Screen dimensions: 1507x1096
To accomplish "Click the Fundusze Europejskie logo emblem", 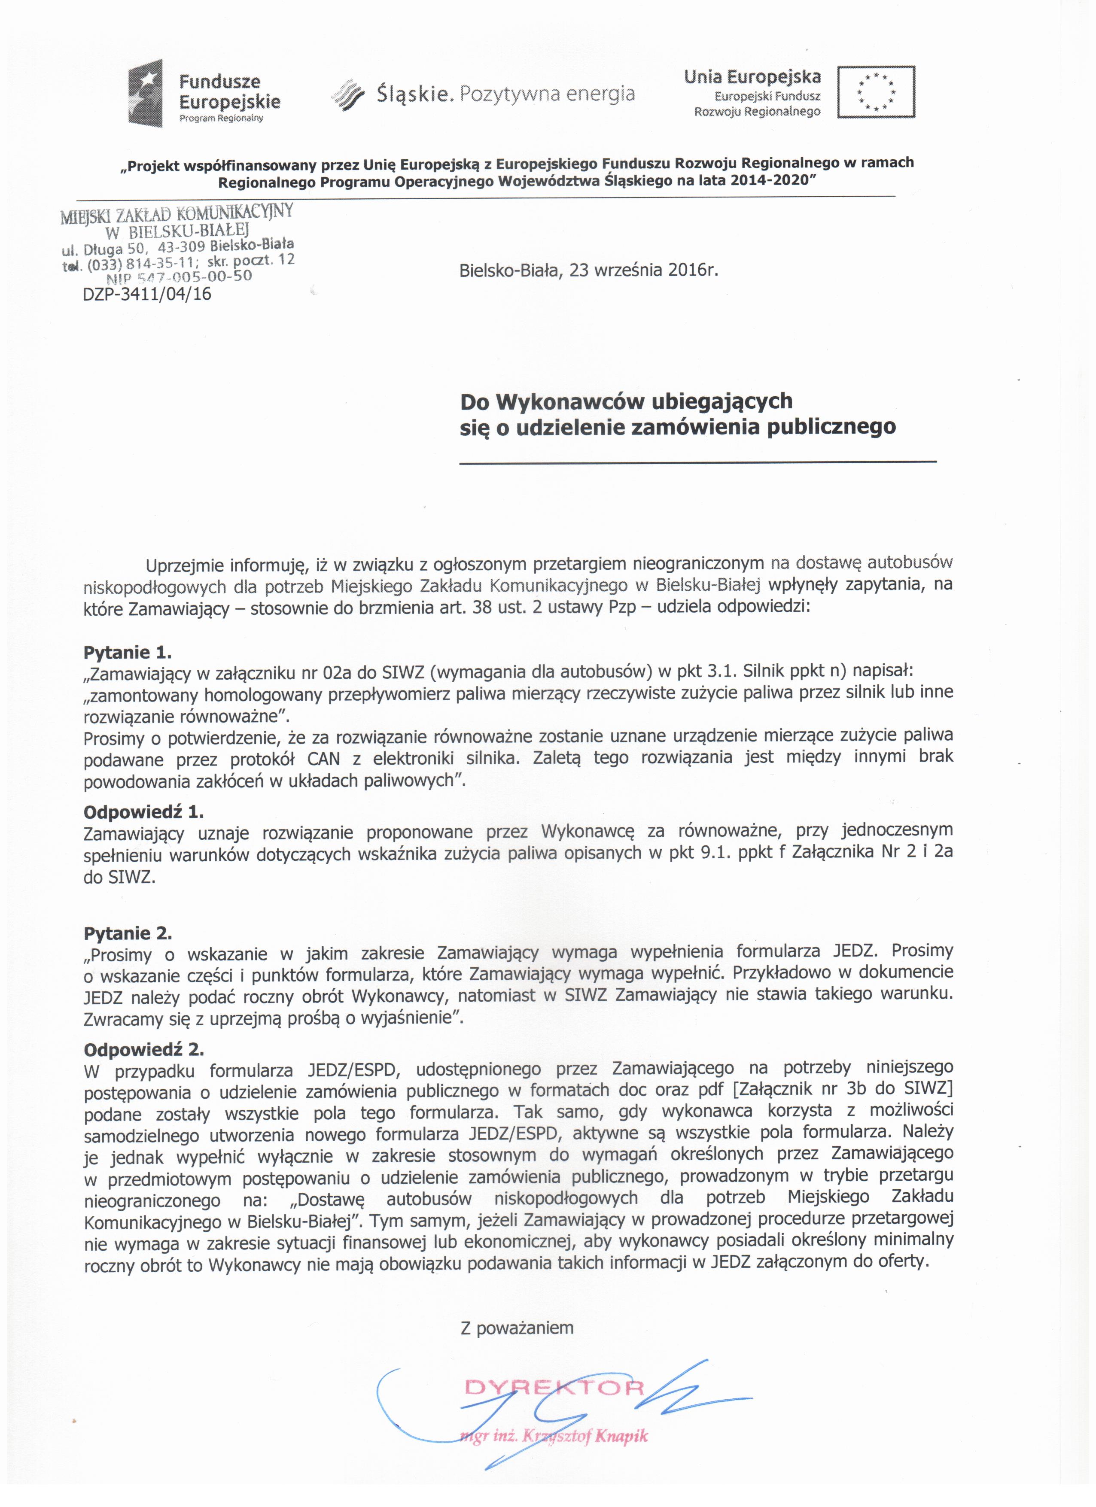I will click(x=146, y=93).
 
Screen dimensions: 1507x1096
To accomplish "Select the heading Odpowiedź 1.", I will click(x=143, y=811).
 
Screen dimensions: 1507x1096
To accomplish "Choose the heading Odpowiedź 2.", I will click(x=143, y=1049).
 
